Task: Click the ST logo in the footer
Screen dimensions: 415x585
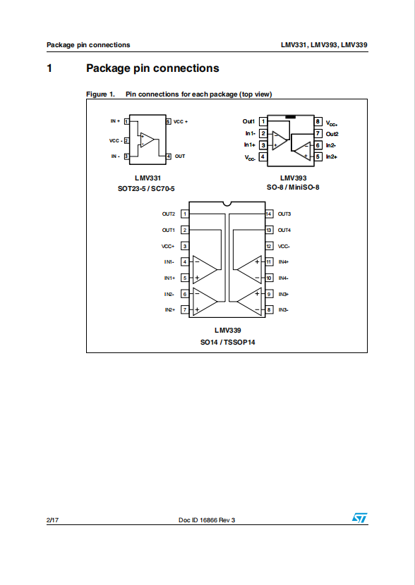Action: (359, 518)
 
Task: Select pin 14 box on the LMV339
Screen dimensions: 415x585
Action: (269, 214)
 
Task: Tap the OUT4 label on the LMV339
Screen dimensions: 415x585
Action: (284, 230)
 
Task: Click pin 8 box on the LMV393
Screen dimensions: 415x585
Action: (318, 121)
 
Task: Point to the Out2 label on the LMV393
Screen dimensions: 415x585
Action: (332, 134)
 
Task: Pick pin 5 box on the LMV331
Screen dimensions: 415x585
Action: (169, 122)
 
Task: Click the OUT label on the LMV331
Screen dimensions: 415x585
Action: (180, 156)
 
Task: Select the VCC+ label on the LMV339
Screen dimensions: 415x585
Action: (168, 246)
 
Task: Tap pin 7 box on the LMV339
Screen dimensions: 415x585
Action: (184, 309)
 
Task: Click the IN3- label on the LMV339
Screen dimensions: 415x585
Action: (284, 310)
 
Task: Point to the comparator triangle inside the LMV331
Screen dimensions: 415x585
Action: (148, 140)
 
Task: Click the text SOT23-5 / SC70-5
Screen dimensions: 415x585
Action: (146, 189)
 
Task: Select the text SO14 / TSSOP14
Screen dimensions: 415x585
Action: (228, 342)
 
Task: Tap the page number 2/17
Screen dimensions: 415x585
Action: (52, 520)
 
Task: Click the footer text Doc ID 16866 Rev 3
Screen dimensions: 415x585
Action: (207, 520)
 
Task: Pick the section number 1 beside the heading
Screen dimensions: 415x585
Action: (49, 68)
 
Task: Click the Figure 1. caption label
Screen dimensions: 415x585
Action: (100, 94)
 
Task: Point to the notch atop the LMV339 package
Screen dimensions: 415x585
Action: (227, 204)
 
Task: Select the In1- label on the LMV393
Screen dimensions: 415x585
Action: (251, 133)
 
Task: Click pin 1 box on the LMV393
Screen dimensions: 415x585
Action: (263, 121)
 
